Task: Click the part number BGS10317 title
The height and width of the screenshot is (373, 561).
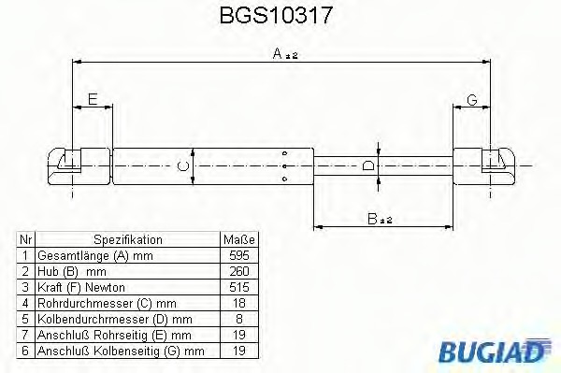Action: pyautogui.click(x=276, y=15)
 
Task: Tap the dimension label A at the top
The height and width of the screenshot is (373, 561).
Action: pyautogui.click(x=278, y=53)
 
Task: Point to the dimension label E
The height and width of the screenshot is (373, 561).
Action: pyautogui.click(x=93, y=99)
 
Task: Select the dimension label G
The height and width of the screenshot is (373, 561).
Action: pyautogui.click(x=472, y=100)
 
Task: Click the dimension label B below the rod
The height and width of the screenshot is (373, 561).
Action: pyautogui.click(x=372, y=219)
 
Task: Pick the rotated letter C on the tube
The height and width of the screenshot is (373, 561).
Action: pyautogui.click(x=183, y=166)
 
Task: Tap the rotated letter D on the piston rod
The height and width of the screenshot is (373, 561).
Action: pyautogui.click(x=368, y=166)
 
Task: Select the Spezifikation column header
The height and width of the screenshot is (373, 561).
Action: pyautogui.click(x=128, y=239)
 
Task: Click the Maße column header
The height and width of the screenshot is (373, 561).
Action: pyautogui.click(x=239, y=239)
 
